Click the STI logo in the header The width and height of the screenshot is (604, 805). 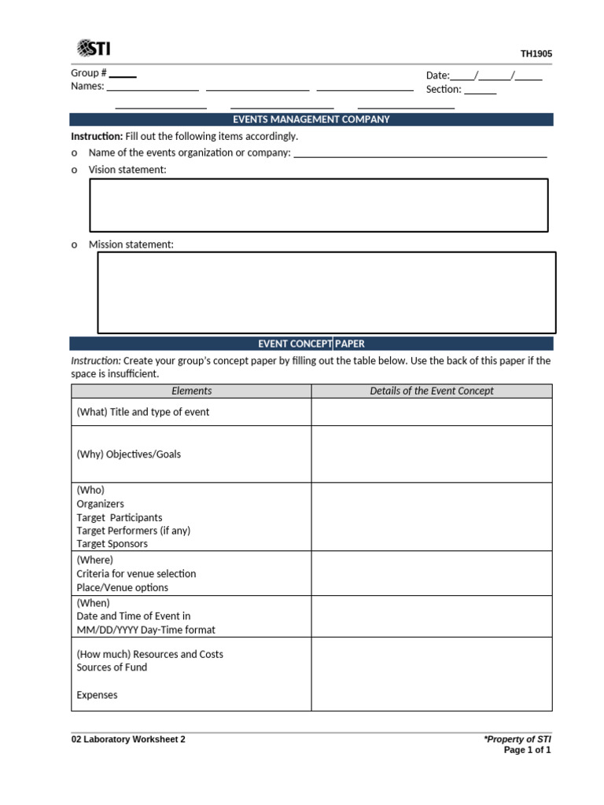point(94,48)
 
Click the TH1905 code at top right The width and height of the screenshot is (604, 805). point(536,54)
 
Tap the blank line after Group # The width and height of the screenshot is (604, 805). point(123,75)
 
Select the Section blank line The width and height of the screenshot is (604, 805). point(480,93)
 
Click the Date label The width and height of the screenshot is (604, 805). point(437,75)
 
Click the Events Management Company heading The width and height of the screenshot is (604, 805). point(311,119)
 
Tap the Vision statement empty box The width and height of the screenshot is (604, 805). point(319,205)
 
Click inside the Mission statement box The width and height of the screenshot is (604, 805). point(326,292)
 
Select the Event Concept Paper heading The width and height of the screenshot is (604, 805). point(311,344)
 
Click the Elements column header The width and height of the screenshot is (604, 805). point(191,391)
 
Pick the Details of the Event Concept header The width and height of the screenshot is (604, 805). point(432,391)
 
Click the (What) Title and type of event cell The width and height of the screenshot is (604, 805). point(143,412)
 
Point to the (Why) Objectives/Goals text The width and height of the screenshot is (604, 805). point(129,454)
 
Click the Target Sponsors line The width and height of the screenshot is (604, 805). point(113,543)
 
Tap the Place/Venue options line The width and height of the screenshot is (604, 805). point(122,587)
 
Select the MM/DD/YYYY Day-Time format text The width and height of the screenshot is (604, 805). point(145,630)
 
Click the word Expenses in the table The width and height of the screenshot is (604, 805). point(97,695)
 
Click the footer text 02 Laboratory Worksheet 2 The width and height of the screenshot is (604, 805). point(128,740)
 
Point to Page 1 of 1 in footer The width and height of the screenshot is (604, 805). point(527,750)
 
